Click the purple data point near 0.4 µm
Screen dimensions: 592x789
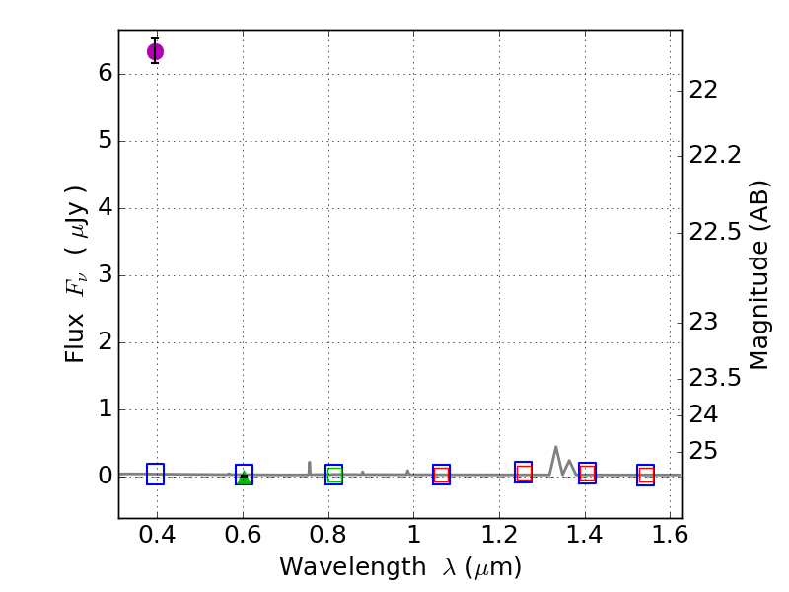point(155,51)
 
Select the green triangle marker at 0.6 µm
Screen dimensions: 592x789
point(244,478)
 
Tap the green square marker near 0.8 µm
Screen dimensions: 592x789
point(334,475)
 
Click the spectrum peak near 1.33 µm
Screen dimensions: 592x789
point(555,447)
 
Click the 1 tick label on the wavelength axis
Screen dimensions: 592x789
point(413,538)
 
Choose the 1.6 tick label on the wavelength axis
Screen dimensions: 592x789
point(670,538)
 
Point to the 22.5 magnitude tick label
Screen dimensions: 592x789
point(715,233)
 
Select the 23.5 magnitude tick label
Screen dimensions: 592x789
point(715,377)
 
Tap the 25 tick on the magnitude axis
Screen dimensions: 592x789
point(702,451)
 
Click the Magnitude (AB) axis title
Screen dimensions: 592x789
point(758,274)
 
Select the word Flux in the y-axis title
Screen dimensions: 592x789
point(76,342)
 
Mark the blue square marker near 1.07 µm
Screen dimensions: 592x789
point(441,475)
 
